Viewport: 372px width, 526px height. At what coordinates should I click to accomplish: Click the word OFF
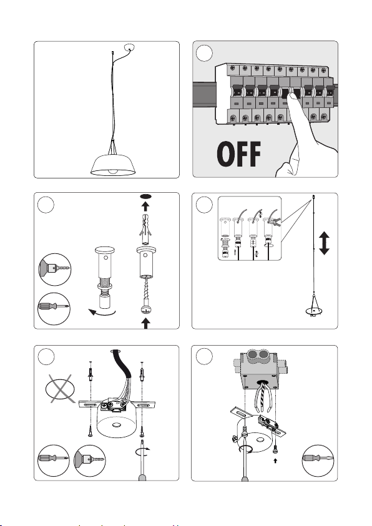pos(239,154)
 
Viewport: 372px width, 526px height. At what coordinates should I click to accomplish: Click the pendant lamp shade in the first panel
pos(113,165)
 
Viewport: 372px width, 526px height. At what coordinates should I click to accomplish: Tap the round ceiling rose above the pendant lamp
pos(129,47)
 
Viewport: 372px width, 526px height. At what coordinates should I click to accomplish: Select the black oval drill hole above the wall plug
pos(146,196)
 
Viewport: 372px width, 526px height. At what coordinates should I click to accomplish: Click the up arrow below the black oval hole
pos(145,206)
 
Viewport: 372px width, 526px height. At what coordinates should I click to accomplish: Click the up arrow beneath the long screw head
pos(145,323)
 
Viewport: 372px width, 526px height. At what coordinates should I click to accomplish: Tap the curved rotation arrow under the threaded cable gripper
pos(102,313)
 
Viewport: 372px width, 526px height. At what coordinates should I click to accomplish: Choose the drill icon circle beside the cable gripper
pos(55,270)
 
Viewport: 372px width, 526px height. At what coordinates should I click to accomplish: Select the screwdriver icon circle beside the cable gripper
pos(54,308)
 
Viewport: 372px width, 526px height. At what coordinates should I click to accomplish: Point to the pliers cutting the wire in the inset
pos(276,222)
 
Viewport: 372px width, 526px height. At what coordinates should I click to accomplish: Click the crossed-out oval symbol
pos(61,389)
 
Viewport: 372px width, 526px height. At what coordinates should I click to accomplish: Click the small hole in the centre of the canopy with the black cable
pos(116,425)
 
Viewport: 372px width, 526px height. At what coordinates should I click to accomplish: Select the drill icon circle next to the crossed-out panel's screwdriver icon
pos(89,461)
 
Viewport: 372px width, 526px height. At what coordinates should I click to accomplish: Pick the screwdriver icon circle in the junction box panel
pos(318,461)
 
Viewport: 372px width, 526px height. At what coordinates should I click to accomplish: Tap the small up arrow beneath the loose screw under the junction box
pos(275,461)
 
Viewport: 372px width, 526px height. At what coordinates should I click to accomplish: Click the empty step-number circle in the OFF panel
pos(204,53)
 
